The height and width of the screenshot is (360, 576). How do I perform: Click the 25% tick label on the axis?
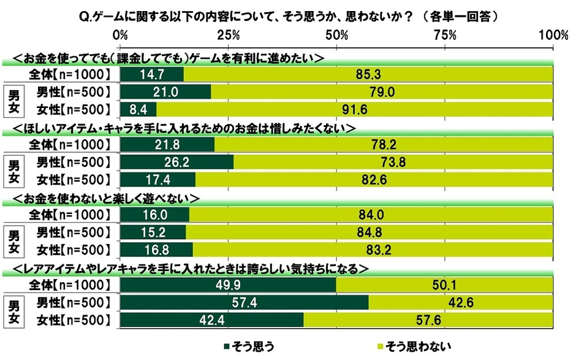(229, 34)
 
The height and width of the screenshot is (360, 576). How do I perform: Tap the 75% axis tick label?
(445, 34)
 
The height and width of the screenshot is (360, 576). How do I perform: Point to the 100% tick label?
(553, 34)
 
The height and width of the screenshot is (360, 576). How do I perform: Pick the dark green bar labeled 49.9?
(228, 286)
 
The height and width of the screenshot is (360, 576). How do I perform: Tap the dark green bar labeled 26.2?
(177, 163)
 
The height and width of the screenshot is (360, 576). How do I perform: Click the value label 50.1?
(445, 286)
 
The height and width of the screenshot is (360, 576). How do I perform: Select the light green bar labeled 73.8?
(393, 163)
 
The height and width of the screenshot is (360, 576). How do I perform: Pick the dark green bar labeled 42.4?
(212, 320)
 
